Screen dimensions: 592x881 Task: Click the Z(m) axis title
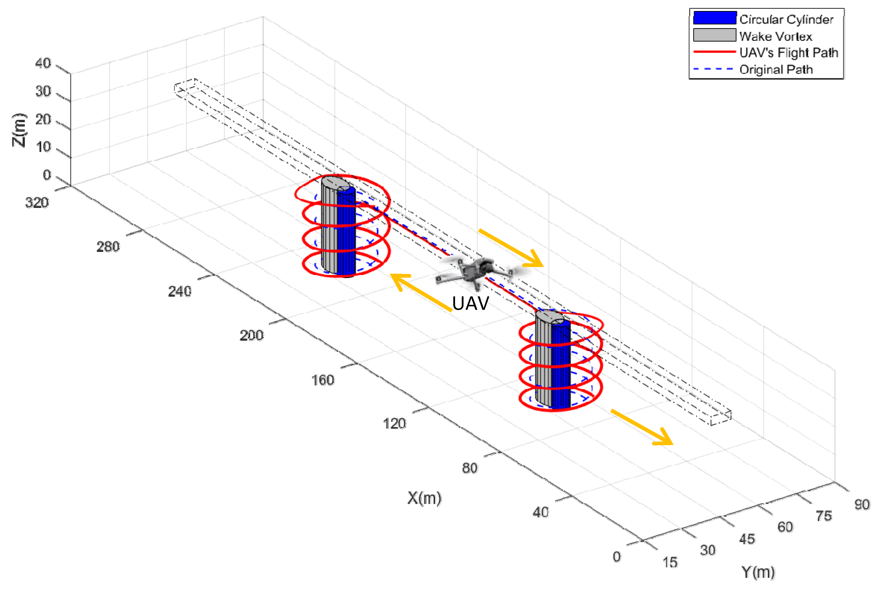(19, 130)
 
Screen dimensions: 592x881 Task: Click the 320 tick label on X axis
(37, 203)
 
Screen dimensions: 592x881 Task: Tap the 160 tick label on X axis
(322, 380)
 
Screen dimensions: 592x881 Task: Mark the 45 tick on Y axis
(747, 539)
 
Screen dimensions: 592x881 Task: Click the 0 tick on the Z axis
(47, 175)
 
